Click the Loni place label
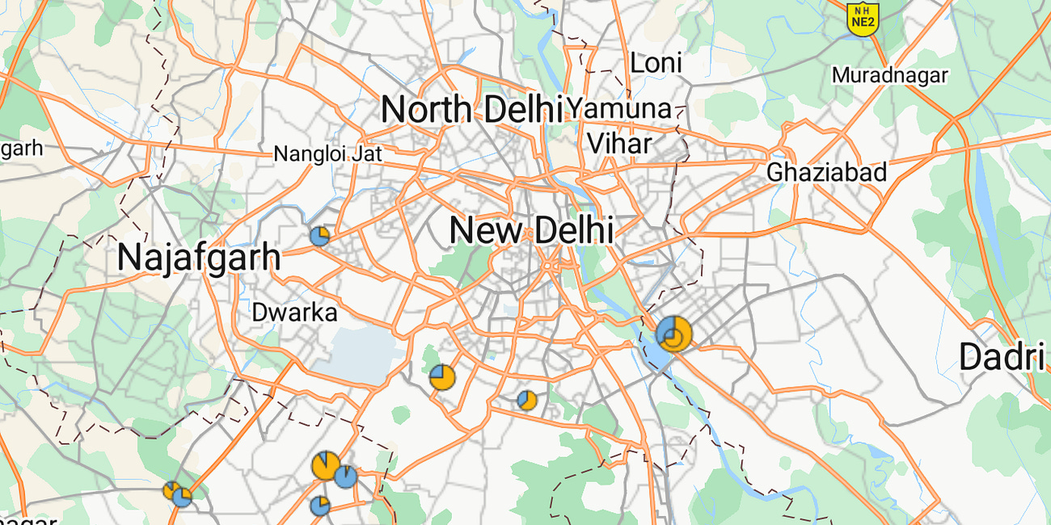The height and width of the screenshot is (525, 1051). point(656,63)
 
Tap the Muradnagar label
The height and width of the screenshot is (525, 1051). point(889,76)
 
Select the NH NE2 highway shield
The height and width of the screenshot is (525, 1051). point(862,18)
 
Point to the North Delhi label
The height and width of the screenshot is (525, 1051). point(471,109)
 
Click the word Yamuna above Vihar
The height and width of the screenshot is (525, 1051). point(619,108)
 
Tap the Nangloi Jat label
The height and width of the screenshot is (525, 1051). point(327,153)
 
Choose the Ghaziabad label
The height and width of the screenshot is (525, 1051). point(826,172)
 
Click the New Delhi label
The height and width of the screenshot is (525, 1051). point(531,231)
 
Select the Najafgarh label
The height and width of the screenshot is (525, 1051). point(199,258)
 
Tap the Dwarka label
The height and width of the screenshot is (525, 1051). point(294,313)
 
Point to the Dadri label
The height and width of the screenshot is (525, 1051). point(1002,357)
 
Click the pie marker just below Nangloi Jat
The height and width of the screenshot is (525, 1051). point(320,236)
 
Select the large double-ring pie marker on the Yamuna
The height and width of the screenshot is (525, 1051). point(673,333)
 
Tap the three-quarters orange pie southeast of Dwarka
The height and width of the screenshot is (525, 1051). point(442,376)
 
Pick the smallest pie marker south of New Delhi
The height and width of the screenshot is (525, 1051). point(527,400)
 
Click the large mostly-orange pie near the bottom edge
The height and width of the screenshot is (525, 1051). point(326,466)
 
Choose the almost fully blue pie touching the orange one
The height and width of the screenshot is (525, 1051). point(346,477)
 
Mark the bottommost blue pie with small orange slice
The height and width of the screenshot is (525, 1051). point(320,506)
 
